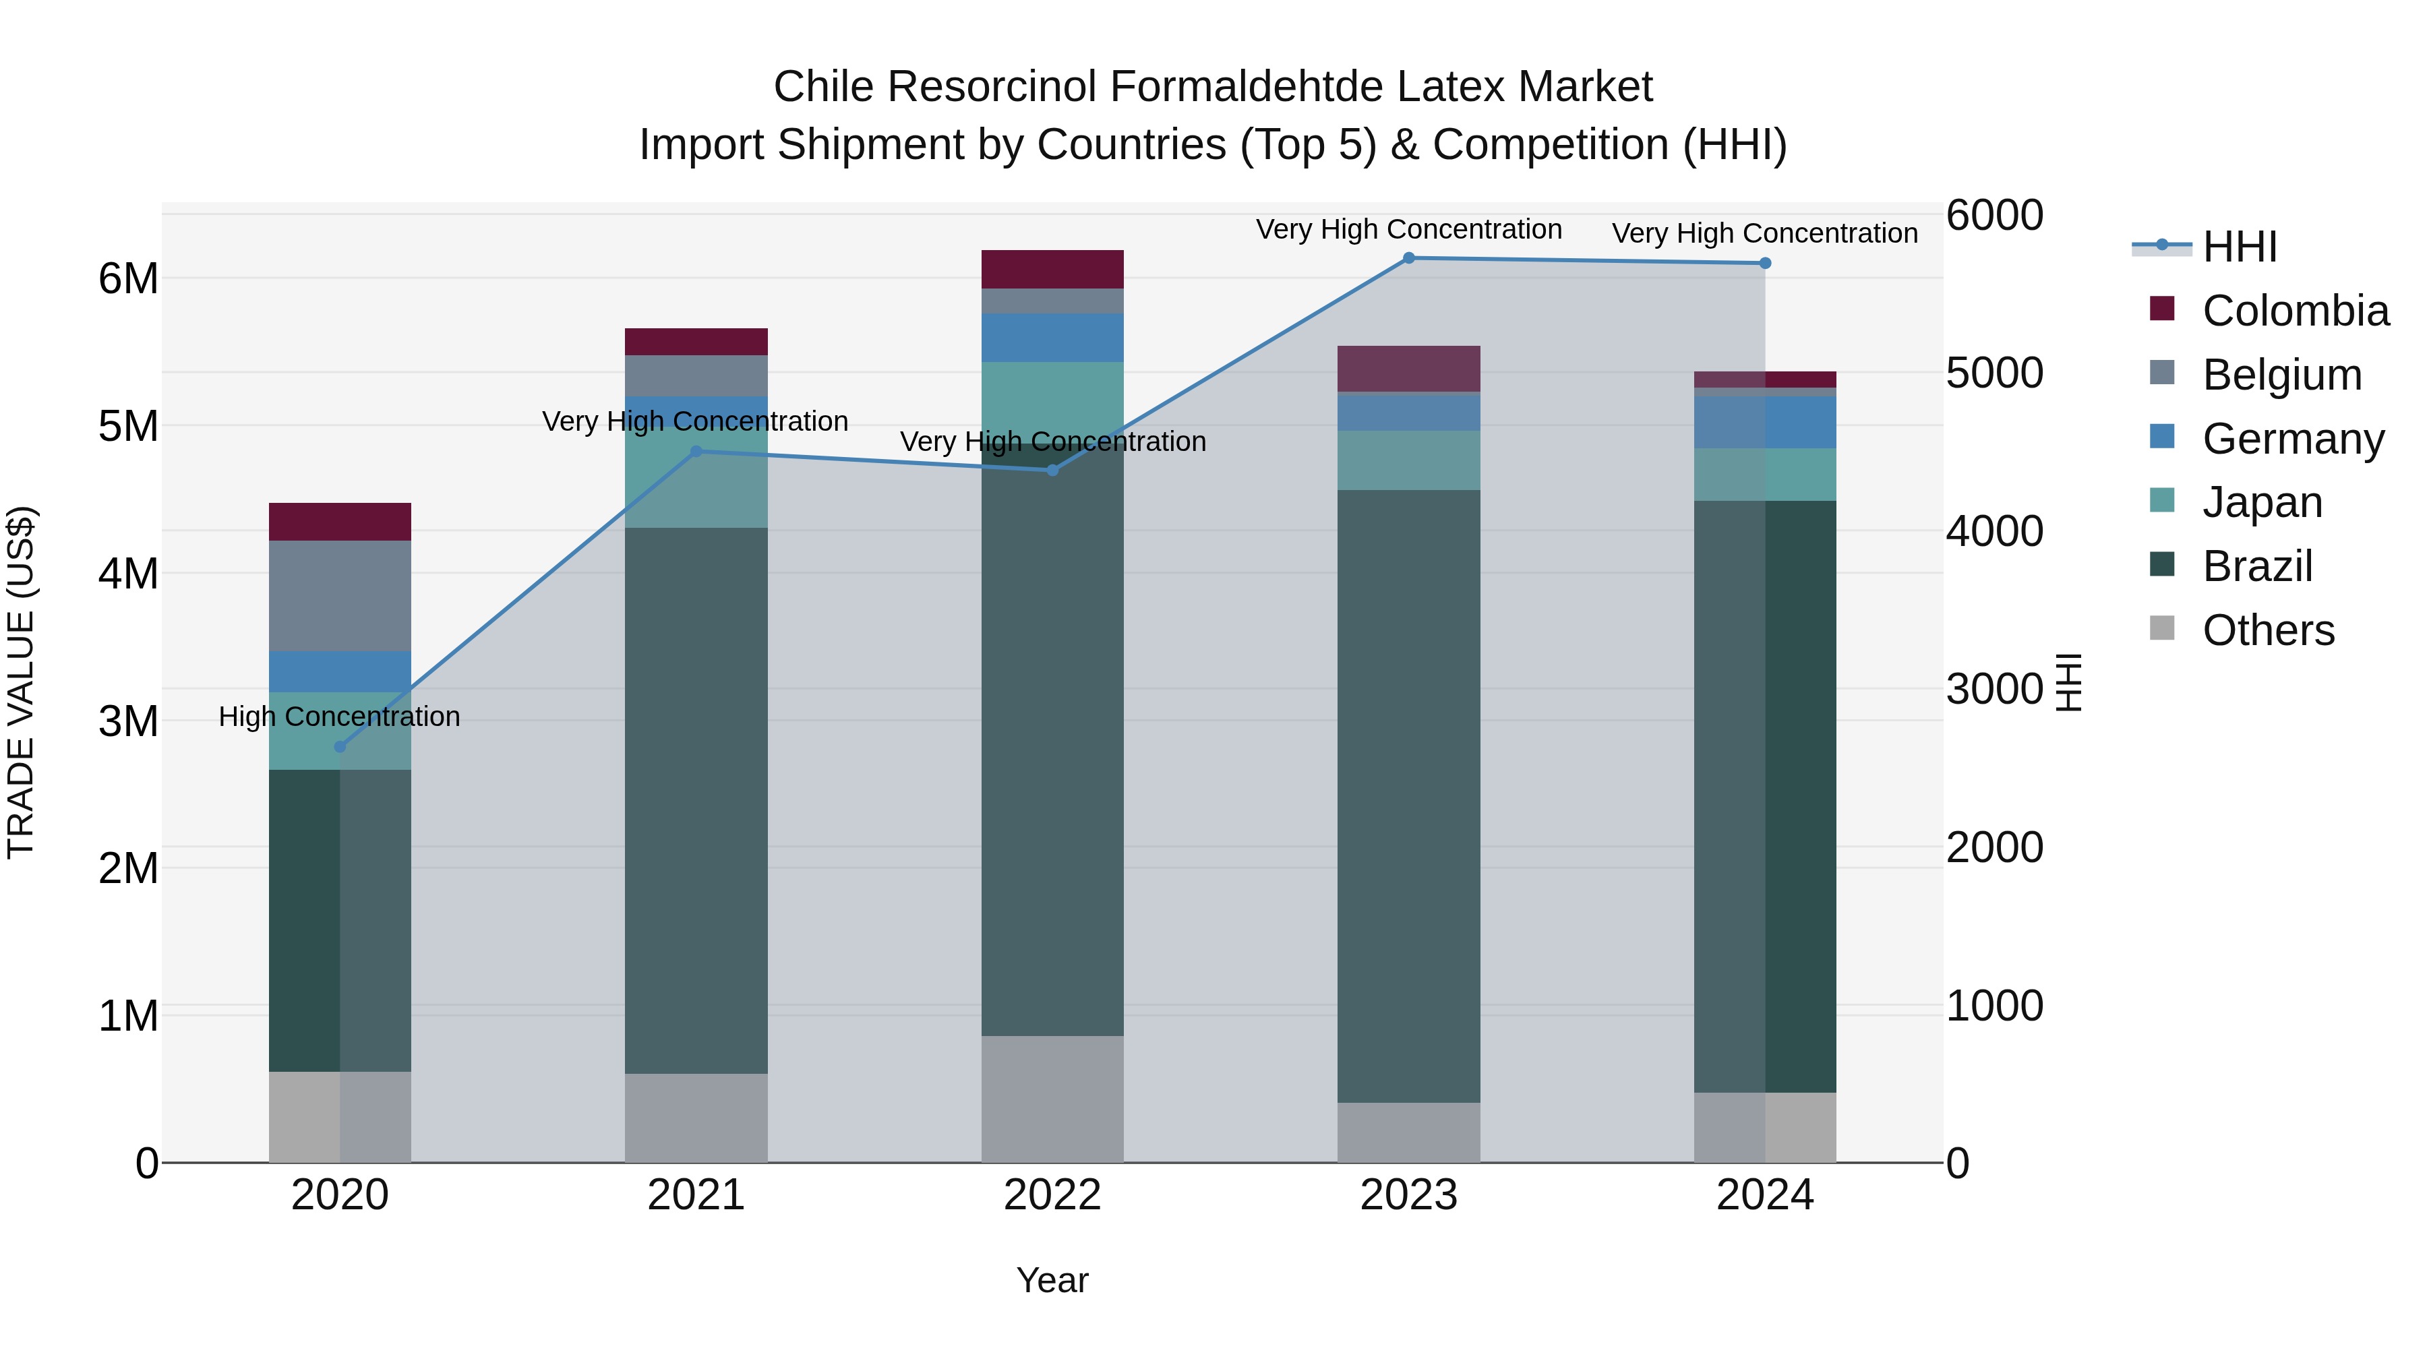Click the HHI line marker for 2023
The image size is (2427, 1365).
pos(1408,258)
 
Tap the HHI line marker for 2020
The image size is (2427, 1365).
pos(340,747)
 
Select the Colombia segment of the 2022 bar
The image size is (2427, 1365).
pos(1052,270)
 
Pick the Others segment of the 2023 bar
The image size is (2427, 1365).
pos(1408,1132)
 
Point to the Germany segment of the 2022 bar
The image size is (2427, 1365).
pos(1052,337)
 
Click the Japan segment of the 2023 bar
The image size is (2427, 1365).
pos(1408,460)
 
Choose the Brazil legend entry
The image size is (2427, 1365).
pos(2257,566)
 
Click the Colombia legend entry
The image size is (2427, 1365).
pos(2295,311)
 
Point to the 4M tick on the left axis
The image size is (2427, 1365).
pos(128,574)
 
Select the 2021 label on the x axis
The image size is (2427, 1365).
pos(696,1195)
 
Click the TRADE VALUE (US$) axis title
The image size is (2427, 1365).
pos(21,682)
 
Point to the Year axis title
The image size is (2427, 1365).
pos(1052,1280)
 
